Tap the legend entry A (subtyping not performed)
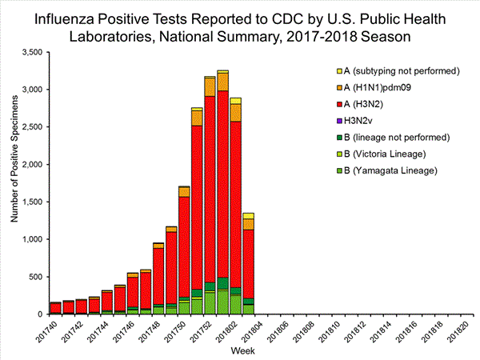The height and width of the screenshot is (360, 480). [395, 70]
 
